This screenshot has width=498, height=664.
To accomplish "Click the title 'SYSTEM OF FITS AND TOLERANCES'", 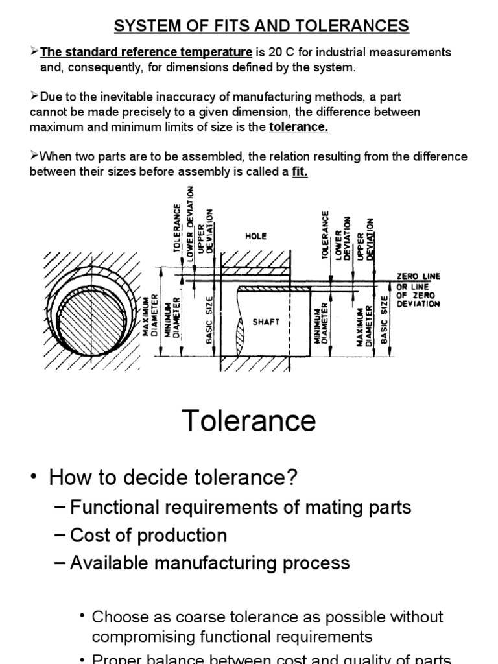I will tap(261, 26).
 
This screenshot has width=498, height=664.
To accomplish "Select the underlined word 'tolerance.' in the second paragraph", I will tap(298, 127).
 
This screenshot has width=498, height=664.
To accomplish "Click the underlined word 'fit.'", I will tap(299, 172).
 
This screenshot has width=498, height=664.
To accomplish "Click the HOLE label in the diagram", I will tap(255, 237).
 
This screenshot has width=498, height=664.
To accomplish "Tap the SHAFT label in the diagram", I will tap(267, 322).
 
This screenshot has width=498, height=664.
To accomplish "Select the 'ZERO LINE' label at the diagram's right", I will tap(418, 276).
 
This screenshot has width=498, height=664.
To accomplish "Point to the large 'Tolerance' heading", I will tap(249, 421).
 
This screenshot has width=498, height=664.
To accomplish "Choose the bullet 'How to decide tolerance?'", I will tap(173, 478).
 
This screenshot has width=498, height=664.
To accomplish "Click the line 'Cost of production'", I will tap(148, 535).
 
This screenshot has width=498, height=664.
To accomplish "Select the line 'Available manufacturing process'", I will tap(209, 563).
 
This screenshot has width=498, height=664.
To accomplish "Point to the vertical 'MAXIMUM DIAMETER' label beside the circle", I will tap(150, 318).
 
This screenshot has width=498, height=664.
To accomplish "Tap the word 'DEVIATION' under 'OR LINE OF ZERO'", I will tap(418, 303).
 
